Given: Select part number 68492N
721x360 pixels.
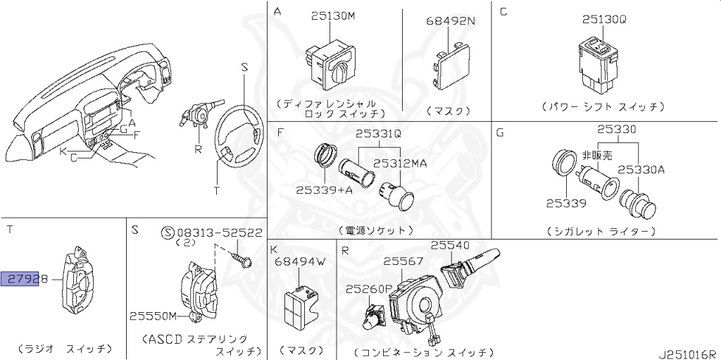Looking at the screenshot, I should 450,20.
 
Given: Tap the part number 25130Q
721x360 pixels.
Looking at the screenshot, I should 603,19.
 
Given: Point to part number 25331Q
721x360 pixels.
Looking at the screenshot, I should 377,133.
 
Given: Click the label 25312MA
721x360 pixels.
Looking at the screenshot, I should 400,163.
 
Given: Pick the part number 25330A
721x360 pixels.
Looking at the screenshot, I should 641,169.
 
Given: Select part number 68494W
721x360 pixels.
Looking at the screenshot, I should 300,262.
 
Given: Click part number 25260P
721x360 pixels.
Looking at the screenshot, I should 370,289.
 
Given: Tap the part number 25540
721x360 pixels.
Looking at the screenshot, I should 450,245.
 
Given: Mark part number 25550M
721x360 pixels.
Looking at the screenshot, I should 153,316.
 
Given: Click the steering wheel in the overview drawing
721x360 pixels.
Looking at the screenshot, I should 240,127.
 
